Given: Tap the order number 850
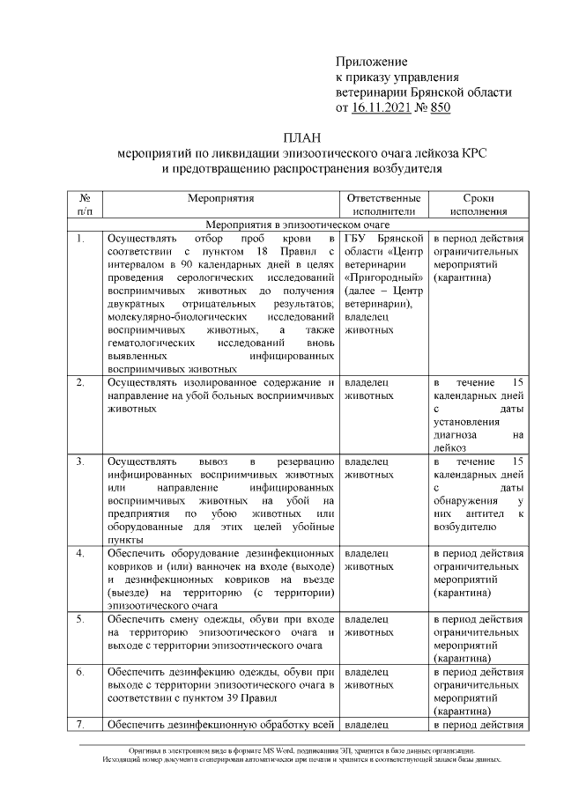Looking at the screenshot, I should (439, 107).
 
